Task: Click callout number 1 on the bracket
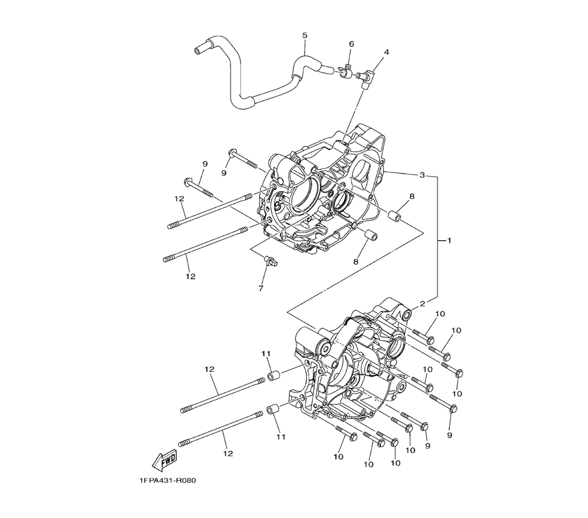coord(449,240)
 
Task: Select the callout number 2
coord(422,304)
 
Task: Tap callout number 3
coord(422,175)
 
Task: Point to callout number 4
coord(386,52)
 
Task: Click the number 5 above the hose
coord(305,35)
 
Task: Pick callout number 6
coord(351,44)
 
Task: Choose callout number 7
coord(260,288)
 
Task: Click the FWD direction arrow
coord(165,459)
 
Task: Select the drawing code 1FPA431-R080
coord(168,481)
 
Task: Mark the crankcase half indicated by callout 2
coord(353,371)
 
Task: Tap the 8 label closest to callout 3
coord(412,196)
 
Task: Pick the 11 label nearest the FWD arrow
coord(281,437)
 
